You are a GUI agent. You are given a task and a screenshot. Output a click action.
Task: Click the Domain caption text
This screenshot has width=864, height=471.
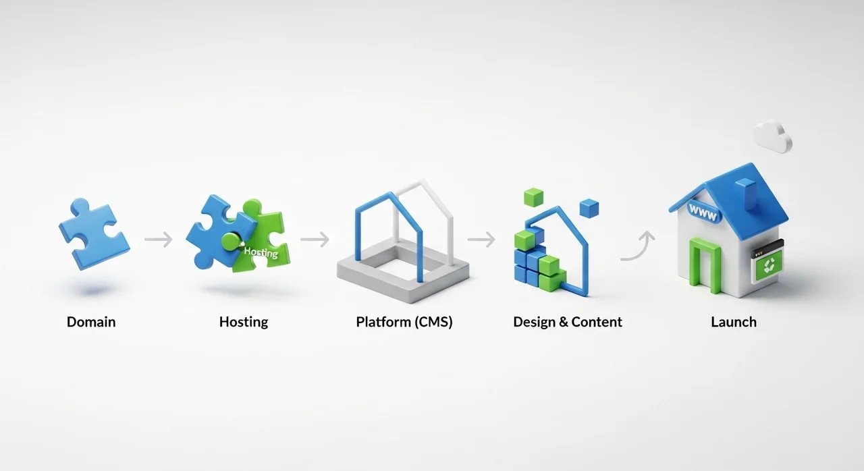[x=91, y=322]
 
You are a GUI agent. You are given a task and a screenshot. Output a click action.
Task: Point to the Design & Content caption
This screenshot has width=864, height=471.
[x=568, y=322]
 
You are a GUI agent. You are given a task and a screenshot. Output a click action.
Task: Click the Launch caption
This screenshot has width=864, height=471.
[x=734, y=322]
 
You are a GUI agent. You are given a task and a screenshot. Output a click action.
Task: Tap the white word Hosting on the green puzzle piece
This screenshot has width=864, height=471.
[x=261, y=252]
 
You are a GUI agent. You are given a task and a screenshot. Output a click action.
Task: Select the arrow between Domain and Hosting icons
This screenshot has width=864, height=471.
[x=159, y=240]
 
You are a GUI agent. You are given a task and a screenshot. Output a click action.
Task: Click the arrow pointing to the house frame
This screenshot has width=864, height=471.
[x=315, y=240]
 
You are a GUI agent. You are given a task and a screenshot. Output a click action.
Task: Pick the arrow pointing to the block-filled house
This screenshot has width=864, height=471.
[x=481, y=240]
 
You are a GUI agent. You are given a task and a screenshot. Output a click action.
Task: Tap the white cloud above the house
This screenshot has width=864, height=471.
[x=773, y=136]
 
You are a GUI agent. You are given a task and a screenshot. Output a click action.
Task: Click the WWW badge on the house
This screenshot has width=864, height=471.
[x=703, y=213]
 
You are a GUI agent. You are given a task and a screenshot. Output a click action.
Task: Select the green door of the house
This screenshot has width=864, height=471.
[x=704, y=265]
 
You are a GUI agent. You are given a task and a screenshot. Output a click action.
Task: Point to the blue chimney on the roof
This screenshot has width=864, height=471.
[x=747, y=194]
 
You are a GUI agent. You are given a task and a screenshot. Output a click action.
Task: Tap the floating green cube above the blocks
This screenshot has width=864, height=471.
[x=534, y=197]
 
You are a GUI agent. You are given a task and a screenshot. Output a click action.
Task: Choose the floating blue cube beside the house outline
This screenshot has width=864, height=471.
[x=589, y=208]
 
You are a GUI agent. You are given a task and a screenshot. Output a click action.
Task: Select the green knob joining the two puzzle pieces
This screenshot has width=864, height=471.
[x=231, y=242]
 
